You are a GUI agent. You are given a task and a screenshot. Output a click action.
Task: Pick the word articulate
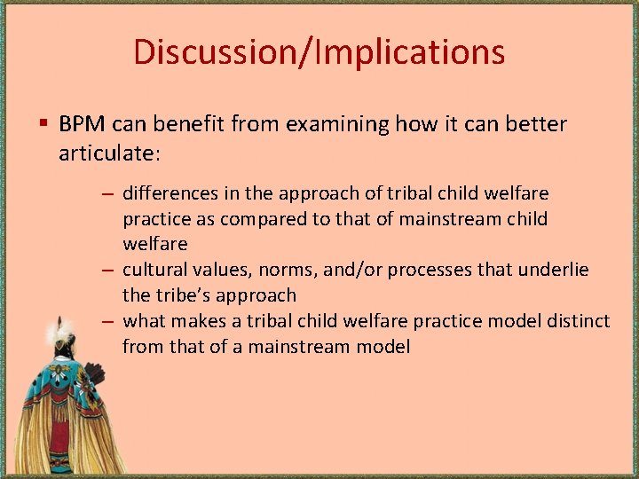pyautogui.click(x=107, y=153)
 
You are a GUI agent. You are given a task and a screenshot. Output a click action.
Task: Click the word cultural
pyautogui.click(x=152, y=270)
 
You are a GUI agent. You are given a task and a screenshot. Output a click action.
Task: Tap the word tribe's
pyautogui.click(x=185, y=295)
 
